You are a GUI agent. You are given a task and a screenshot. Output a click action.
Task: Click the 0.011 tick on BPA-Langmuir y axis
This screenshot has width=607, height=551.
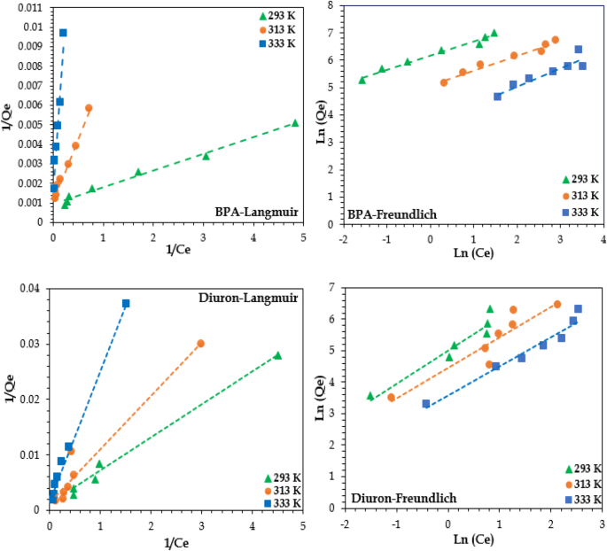29,7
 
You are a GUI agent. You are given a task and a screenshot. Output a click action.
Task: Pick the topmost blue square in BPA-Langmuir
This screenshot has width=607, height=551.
63,33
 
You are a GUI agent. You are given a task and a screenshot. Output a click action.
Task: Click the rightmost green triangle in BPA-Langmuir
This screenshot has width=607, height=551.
295,123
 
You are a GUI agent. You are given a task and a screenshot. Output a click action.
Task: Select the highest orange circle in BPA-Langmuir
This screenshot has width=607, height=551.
89,108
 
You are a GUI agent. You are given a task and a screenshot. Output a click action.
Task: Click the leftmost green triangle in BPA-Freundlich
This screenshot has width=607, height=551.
362,80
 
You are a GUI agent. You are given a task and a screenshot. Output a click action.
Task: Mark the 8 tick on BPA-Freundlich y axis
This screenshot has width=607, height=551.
331,6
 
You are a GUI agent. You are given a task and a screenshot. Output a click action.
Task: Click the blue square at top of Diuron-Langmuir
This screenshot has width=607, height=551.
126,304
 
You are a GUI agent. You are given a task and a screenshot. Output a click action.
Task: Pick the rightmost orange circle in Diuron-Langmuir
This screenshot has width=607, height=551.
200,343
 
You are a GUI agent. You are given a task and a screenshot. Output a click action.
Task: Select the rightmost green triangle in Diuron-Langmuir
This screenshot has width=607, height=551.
277,355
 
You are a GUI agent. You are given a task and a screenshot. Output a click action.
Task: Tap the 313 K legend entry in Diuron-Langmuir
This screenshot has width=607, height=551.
284,490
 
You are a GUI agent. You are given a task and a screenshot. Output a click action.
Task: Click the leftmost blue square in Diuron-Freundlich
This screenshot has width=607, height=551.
426,404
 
